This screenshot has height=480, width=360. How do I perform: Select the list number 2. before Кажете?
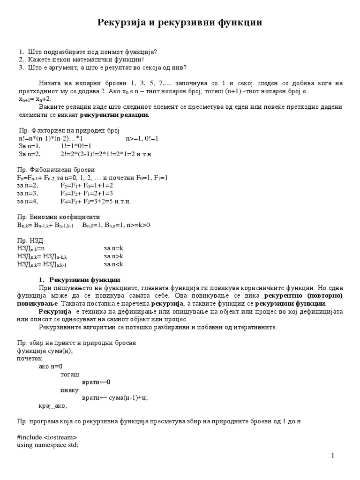point(22,60)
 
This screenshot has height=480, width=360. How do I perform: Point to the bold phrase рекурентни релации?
point(114,115)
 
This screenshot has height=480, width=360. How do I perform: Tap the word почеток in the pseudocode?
point(30,359)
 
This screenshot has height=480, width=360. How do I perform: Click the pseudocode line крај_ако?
point(52,405)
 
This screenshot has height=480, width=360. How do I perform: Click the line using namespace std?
point(47,445)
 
